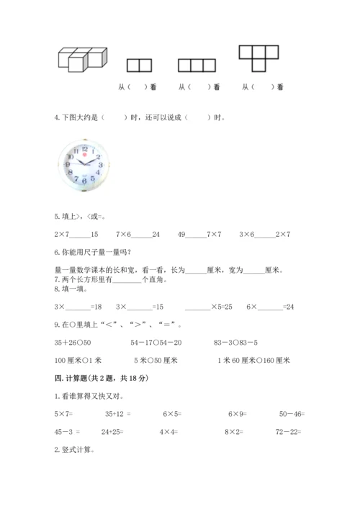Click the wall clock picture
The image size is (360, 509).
pyautogui.click(x=85, y=166)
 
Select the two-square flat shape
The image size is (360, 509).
pyautogui.click(x=139, y=66)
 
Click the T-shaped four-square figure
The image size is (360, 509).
pyautogui.click(x=258, y=58)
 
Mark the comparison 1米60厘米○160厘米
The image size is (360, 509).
pyautogui.click(x=253, y=360)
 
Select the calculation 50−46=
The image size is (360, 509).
pyautogui.click(x=292, y=413)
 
